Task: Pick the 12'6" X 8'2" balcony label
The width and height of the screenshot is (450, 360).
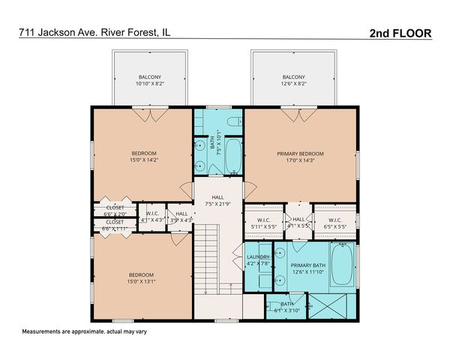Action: (294, 80)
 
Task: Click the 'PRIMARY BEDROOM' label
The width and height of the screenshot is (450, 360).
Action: (300, 154)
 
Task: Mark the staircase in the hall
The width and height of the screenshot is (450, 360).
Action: (211, 262)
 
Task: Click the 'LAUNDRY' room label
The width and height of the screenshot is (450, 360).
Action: (258, 261)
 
